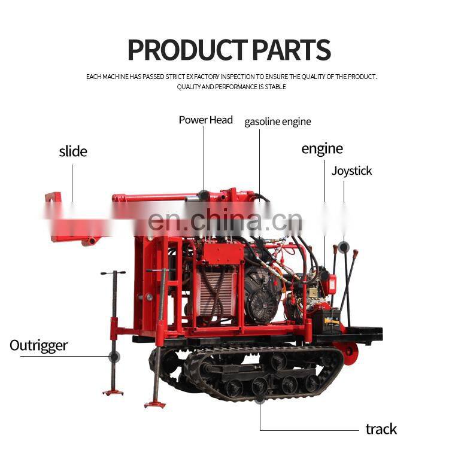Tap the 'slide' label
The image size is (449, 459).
click(x=72, y=151)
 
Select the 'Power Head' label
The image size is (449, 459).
click(x=205, y=120)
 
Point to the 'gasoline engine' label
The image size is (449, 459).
click(x=278, y=122)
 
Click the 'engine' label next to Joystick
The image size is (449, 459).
click(x=322, y=149)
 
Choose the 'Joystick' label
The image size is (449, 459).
click(x=351, y=171)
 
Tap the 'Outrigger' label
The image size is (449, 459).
click(x=38, y=345)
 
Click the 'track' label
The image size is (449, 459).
click(x=381, y=429)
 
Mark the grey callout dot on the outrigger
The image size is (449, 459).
click(x=114, y=357)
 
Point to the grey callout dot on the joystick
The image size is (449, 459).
click(x=343, y=247)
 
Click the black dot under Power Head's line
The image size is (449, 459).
click(x=204, y=194)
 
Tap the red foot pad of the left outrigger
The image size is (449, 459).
click(x=113, y=392)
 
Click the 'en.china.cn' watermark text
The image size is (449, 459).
click(x=224, y=221)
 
